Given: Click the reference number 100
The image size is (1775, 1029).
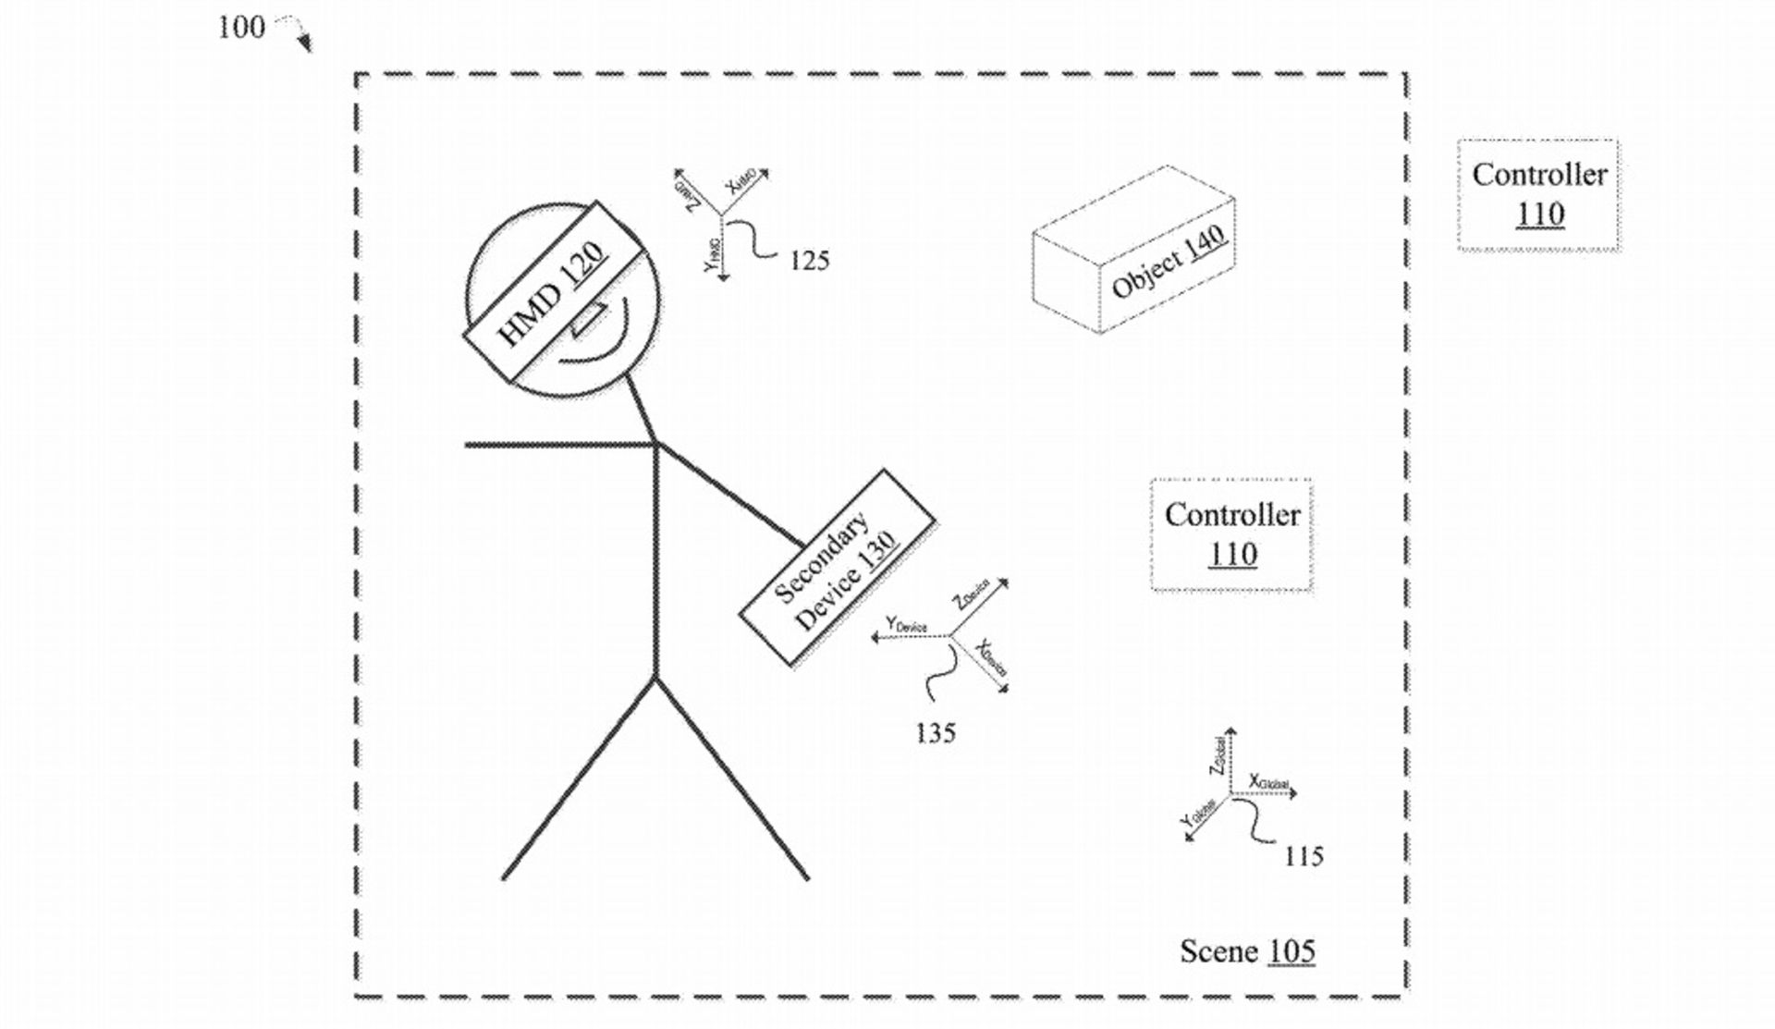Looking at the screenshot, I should point(240,28).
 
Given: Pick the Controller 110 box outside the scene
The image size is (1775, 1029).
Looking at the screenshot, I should point(1538,194).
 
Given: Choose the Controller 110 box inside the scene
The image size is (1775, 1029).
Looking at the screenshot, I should point(1231,534).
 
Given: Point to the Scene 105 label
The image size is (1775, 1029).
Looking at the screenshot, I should point(1247,950).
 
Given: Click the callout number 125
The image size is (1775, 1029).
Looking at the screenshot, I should point(809,261).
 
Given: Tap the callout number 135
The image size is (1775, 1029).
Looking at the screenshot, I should point(935,733).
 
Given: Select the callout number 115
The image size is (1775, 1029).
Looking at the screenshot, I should point(1304,856).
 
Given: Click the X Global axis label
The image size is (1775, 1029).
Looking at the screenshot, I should point(1268,782).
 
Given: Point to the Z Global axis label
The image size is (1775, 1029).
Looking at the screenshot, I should point(1218,755).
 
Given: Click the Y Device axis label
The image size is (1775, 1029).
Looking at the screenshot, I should point(906,625).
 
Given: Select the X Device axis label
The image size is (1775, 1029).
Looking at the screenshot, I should point(992,657).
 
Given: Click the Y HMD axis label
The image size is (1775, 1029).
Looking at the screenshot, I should point(712,254).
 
